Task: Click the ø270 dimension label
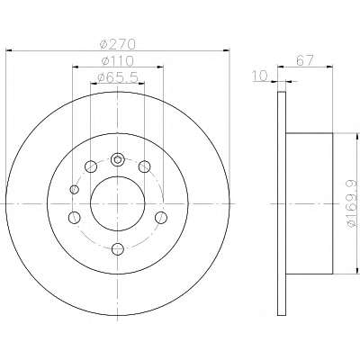[x=118, y=44]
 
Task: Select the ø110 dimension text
[x=118, y=61]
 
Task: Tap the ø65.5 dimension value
[x=118, y=77]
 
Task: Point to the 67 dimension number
[x=305, y=60]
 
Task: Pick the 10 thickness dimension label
[x=259, y=76]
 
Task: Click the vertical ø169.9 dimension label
[x=352, y=203]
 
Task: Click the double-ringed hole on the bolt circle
[x=118, y=159]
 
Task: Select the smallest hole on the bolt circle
[x=74, y=190]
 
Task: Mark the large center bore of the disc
[x=118, y=203]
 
